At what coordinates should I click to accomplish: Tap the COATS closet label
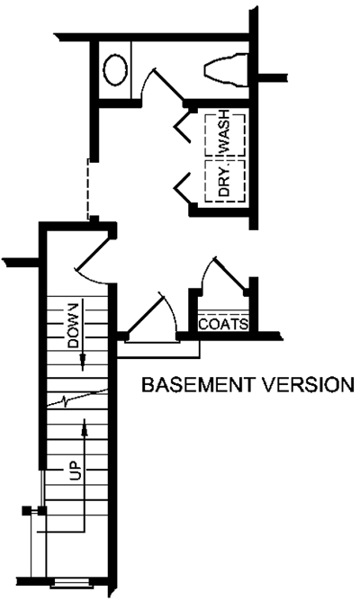pos(223,324)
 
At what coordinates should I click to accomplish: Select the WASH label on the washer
pos(224,130)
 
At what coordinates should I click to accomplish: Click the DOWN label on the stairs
pos(73,325)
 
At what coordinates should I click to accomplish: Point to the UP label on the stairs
pos(75,471)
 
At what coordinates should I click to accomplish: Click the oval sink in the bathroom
pos(115,70)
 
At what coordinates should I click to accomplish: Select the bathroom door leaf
pos(169,85)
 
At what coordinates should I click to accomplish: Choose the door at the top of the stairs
pos(94,254)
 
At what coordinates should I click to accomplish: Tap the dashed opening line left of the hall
pos(88,189)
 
